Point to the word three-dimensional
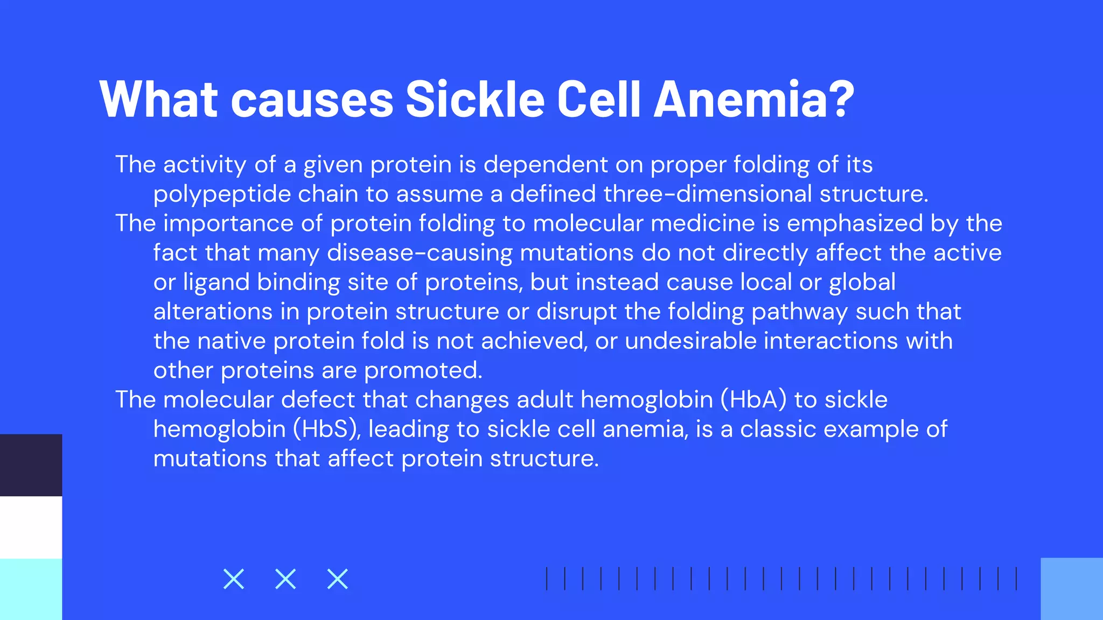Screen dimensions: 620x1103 tap(707, 194)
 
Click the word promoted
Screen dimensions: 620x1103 tap(423, 370)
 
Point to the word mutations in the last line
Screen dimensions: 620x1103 tap(210, 459)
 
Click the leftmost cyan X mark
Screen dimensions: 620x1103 tap(234, 579)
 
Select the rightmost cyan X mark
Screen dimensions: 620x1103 tap(338, 579)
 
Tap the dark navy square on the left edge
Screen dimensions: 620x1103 tap(31, 465)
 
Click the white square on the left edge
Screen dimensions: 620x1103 tap(31, 527)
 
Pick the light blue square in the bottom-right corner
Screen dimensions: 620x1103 tap(1071, 589)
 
